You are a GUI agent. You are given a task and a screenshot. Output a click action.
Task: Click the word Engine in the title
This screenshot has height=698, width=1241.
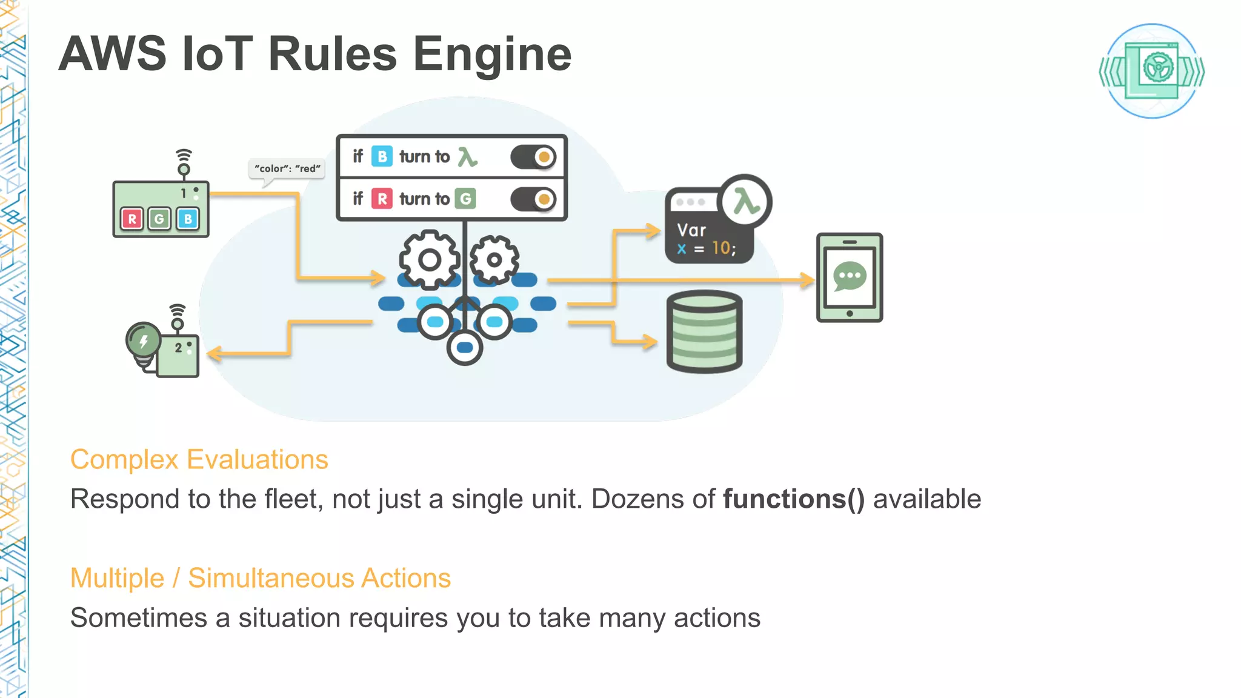[x=492, y=55]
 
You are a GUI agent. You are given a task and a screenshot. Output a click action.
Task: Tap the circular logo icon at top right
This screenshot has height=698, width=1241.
[x=1151, y=71]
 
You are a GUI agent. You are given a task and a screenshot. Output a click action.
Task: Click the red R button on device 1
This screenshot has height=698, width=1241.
[x=132, y=219]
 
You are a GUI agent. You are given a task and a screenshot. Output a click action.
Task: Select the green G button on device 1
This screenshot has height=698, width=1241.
[x=159, y=219]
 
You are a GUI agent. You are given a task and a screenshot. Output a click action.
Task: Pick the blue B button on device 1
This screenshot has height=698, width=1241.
[x=188, y=219]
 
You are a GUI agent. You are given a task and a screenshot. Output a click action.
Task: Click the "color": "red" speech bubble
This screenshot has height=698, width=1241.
[x=287, y=168]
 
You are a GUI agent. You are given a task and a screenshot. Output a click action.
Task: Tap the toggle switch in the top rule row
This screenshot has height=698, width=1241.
[x=533, y=157]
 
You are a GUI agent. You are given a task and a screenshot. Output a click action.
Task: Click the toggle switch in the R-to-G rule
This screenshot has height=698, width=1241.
[x=533, y=199]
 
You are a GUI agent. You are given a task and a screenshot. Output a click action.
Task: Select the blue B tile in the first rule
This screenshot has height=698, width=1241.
[x=382, y=156]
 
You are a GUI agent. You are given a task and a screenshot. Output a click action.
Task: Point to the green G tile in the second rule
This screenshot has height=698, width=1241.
[x=465, y=199]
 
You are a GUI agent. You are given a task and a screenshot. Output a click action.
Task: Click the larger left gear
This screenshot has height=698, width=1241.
[x=429, y=260]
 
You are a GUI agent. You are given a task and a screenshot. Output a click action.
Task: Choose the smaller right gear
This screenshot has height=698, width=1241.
[x=494, y=260]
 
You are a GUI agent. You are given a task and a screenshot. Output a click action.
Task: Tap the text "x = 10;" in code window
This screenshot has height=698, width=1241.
[x=706, y=248]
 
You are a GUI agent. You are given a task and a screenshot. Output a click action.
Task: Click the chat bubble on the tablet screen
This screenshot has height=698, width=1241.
[x=850, y=276]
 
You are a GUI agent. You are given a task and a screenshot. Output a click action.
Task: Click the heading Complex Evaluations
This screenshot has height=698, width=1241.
[x=199, y=459]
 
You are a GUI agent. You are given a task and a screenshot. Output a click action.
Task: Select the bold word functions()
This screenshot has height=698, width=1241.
[x=794, y=499]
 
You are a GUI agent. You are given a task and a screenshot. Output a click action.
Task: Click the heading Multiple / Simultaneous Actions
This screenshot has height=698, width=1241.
[x=261, y=578]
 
